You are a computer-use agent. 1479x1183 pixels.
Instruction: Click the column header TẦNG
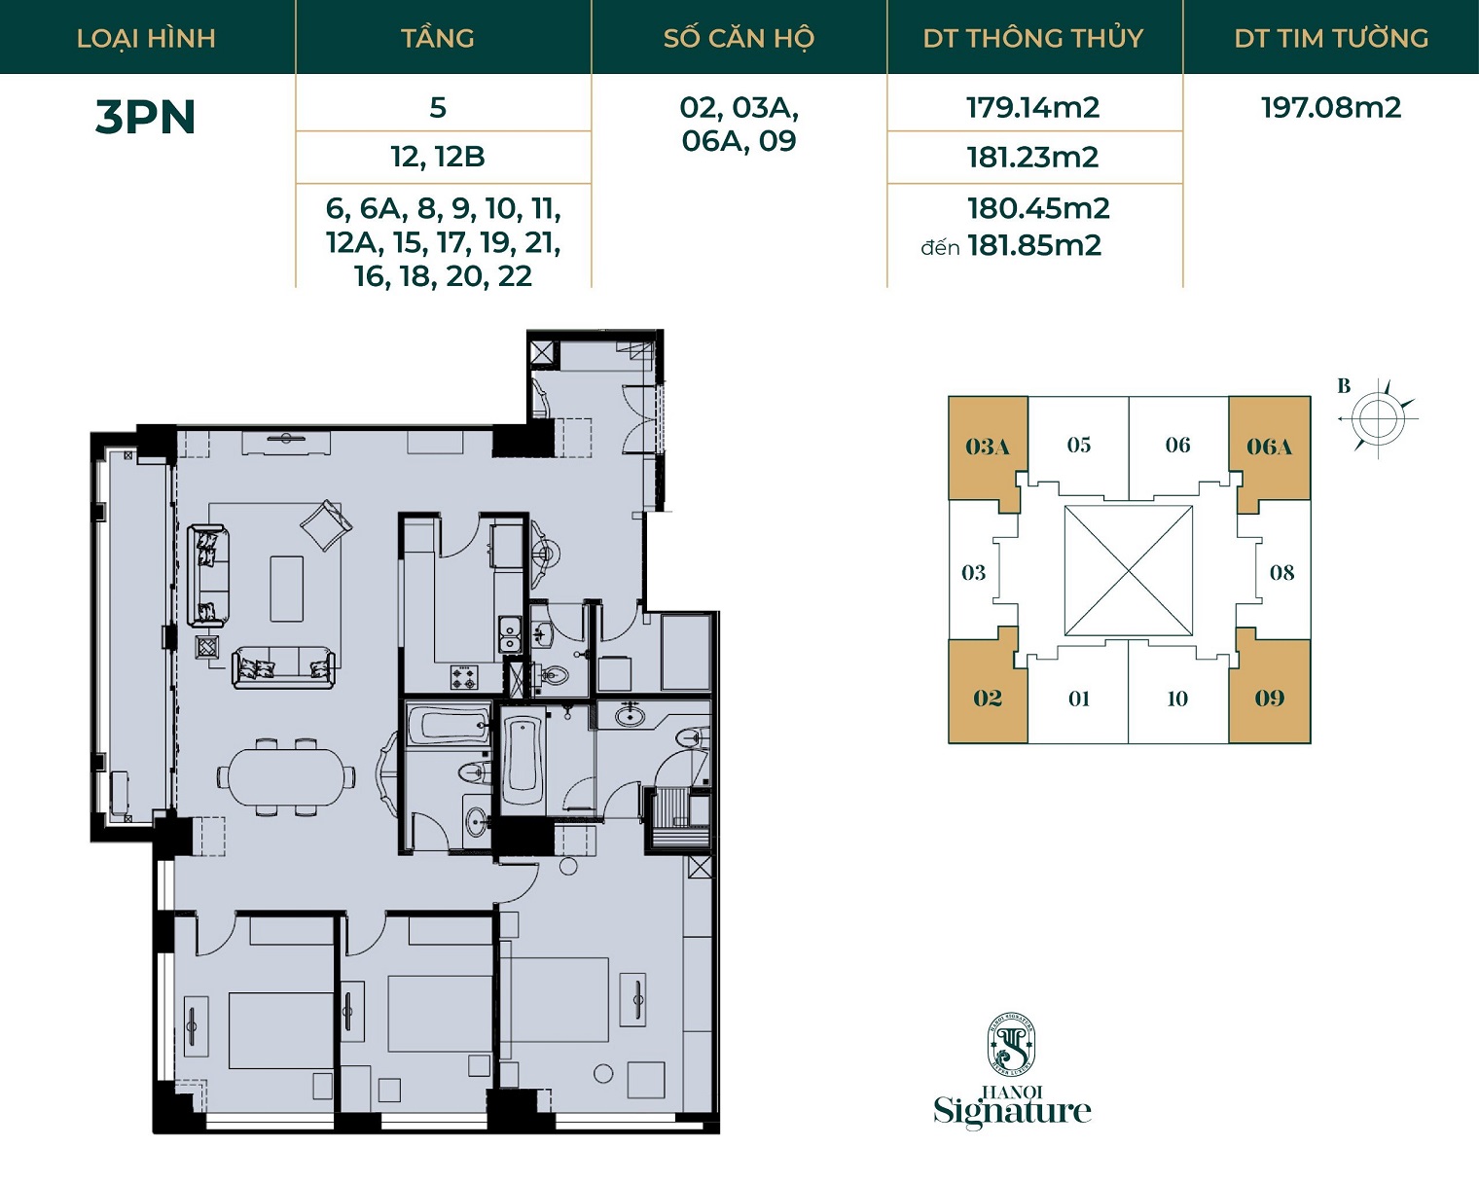point(438,38)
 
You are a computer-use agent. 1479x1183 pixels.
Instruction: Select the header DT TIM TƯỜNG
point(1331,38)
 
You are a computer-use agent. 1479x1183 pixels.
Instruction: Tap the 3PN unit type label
point(146,117)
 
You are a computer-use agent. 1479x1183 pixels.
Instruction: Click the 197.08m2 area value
point(1331,108)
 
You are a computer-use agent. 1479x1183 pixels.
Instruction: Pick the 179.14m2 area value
point(1033,108)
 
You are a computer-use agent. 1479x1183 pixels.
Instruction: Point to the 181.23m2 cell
point(1033,158)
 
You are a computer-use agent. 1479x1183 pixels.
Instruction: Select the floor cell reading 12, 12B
point(438,157)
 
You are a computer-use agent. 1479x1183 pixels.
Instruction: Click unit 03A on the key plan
point(987,447)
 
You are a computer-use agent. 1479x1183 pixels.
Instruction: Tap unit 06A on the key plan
point(1270,447)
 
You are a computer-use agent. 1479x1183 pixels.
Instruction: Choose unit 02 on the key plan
point(987,698)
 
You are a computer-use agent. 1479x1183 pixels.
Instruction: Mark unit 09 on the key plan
point(1270,698)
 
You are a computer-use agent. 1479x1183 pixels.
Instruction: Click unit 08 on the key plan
point(1281,572)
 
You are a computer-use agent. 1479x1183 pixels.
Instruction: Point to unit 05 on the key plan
point(1078,445)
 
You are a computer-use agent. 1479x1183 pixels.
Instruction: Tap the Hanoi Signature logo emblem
point(1011,1045)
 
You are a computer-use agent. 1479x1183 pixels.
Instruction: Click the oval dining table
point(287,776)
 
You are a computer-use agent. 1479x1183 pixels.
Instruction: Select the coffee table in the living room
point(287,590)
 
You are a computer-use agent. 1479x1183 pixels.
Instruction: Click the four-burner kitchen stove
point(464,677)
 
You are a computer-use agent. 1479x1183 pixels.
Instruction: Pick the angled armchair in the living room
point(327,525)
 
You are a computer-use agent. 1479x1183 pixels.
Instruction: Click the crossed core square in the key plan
point(1128,571)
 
